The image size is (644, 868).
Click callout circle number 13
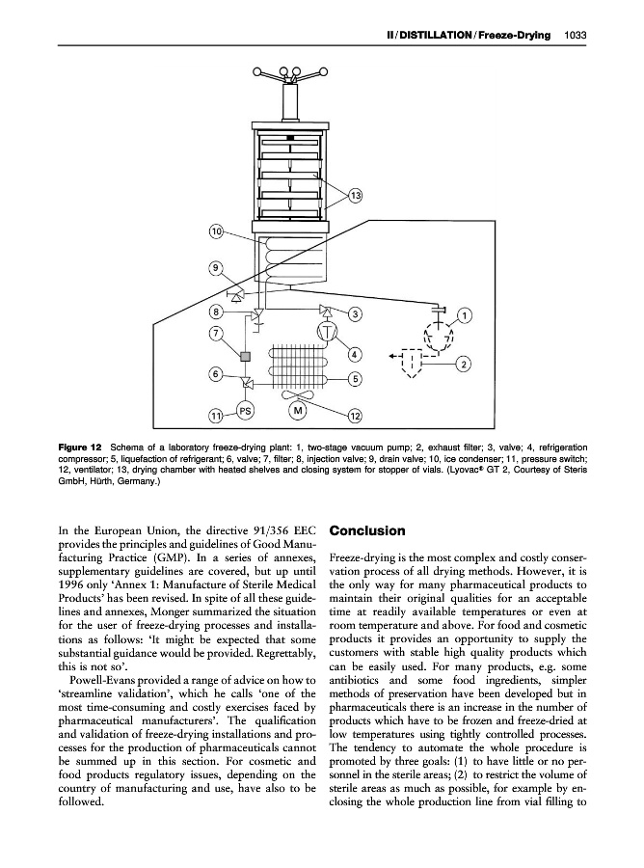[355, 197]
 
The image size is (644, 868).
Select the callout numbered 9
[217, 267]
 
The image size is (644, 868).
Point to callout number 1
[466, 314]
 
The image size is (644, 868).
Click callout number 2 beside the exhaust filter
[465, 363]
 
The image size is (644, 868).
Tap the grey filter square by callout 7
[245, 357]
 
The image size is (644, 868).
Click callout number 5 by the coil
[355, 378]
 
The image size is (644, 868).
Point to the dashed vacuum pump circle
[440, 338]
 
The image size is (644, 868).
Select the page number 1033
[576, 36]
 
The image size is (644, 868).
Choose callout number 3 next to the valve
[355, 313]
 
